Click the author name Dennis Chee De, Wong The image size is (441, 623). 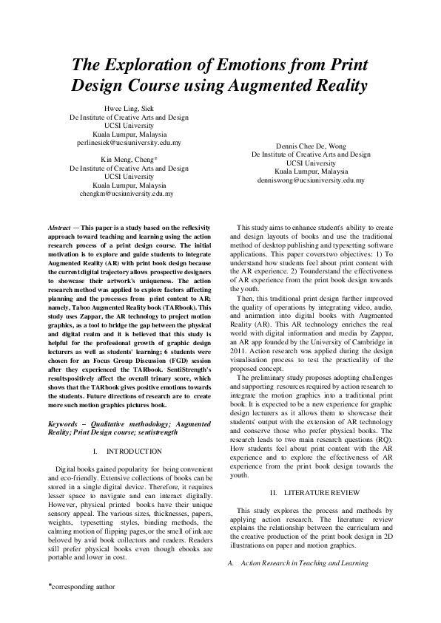[311, 147]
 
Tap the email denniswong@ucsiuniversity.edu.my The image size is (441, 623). [311, 180]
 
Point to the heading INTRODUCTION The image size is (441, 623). [135, 451]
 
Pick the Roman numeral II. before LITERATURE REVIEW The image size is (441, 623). [273, 492]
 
